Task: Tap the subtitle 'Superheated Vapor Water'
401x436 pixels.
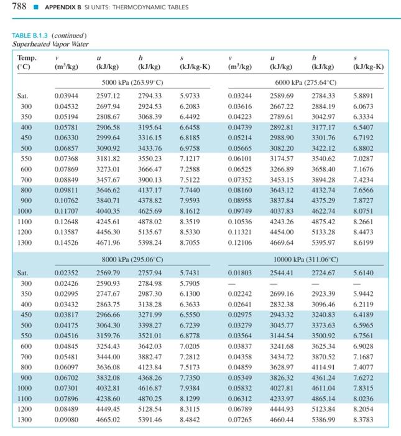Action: click(x=50, y=44)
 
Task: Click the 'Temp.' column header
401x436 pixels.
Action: click(x=27, y=58)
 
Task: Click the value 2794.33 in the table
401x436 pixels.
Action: click(x=150, y=96)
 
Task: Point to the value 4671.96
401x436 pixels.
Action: click(x=108, y=242)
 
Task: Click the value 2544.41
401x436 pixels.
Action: click(x=282, y=272)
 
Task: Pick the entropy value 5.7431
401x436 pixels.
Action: click(x=190, y=272)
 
